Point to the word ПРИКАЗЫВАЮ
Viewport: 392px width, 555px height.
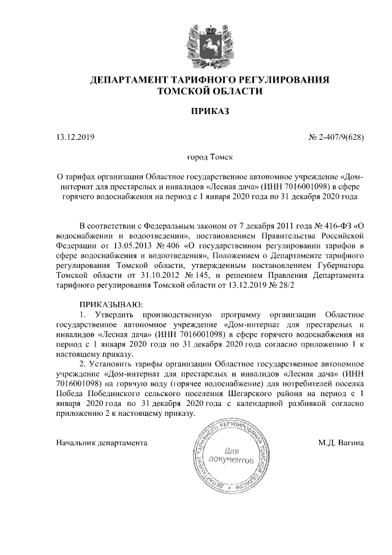click(x=111, y=305)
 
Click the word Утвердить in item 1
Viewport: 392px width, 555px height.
click(x=119, y=315)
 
